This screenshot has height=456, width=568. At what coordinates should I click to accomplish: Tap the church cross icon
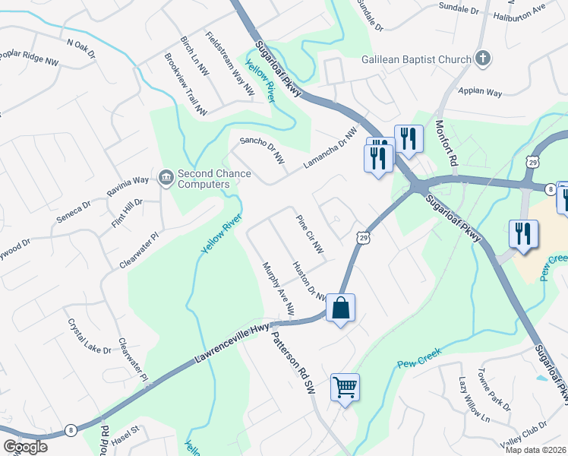[x=482, y=59]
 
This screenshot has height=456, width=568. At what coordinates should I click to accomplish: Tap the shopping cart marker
[x=345, y=388]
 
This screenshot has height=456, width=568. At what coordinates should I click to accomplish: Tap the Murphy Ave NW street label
[x=278, y=289]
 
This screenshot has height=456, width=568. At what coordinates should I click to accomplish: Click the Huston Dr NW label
[x=308, y=280]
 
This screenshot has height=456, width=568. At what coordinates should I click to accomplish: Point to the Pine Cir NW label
[x=310, y=233]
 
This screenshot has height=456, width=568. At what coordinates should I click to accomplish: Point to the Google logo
[x=26, y=446]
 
